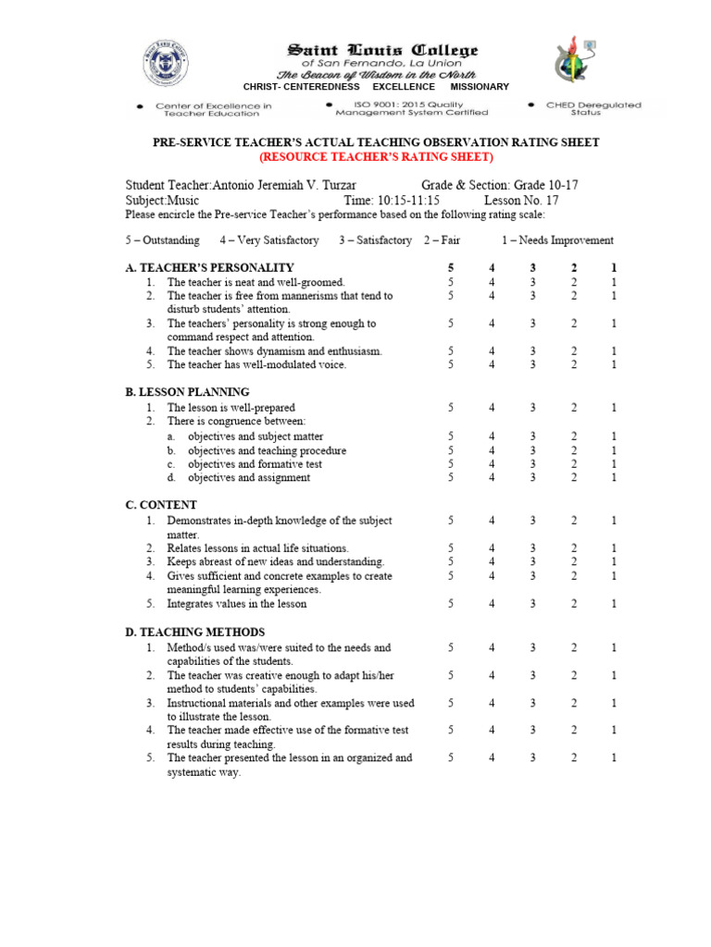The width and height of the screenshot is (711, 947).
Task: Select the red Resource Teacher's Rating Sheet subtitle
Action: pos(376,156)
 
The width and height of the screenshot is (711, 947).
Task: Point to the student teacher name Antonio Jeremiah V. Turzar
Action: pos(279,185)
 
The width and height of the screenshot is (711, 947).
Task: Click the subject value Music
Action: pos(183,200)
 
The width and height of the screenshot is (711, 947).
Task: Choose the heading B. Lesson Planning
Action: pos(187,392)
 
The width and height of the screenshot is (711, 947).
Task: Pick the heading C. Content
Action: pos(160,505)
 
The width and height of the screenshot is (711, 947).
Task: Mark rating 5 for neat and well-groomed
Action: pos(451,281)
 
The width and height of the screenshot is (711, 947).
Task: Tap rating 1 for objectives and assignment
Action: pos(614,477)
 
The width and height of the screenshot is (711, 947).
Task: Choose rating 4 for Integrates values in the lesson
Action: pos(493,604)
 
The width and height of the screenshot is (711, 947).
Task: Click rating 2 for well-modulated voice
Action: pos(574,364)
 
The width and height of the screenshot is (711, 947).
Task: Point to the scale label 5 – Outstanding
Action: pos(162,240)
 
